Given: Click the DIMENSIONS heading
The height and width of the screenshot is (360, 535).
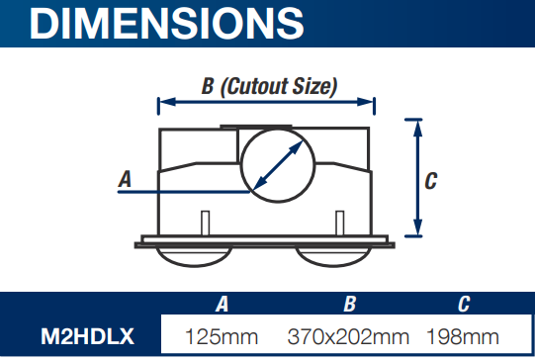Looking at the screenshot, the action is (x=166, y=23).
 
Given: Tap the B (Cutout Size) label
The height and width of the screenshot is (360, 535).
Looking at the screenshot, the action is (x=269, y=86).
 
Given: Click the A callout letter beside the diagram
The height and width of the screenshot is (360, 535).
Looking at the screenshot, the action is (x=125, y=179).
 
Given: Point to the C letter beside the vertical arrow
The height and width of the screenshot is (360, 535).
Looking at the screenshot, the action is (x=431, y=181).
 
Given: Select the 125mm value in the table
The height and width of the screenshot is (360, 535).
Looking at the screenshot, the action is (x=222, y=336).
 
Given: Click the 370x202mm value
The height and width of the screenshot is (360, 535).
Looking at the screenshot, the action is (x=348, y=336).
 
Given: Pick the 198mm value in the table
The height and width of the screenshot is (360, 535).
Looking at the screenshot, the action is (x=463, y=336).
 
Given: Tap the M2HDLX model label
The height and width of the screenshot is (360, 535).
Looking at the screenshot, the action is (x=87, y=336).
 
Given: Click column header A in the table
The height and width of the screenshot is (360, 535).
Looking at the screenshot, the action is (x=222, y=304).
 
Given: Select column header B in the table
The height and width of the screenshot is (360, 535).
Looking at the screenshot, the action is (x=350, y=304).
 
